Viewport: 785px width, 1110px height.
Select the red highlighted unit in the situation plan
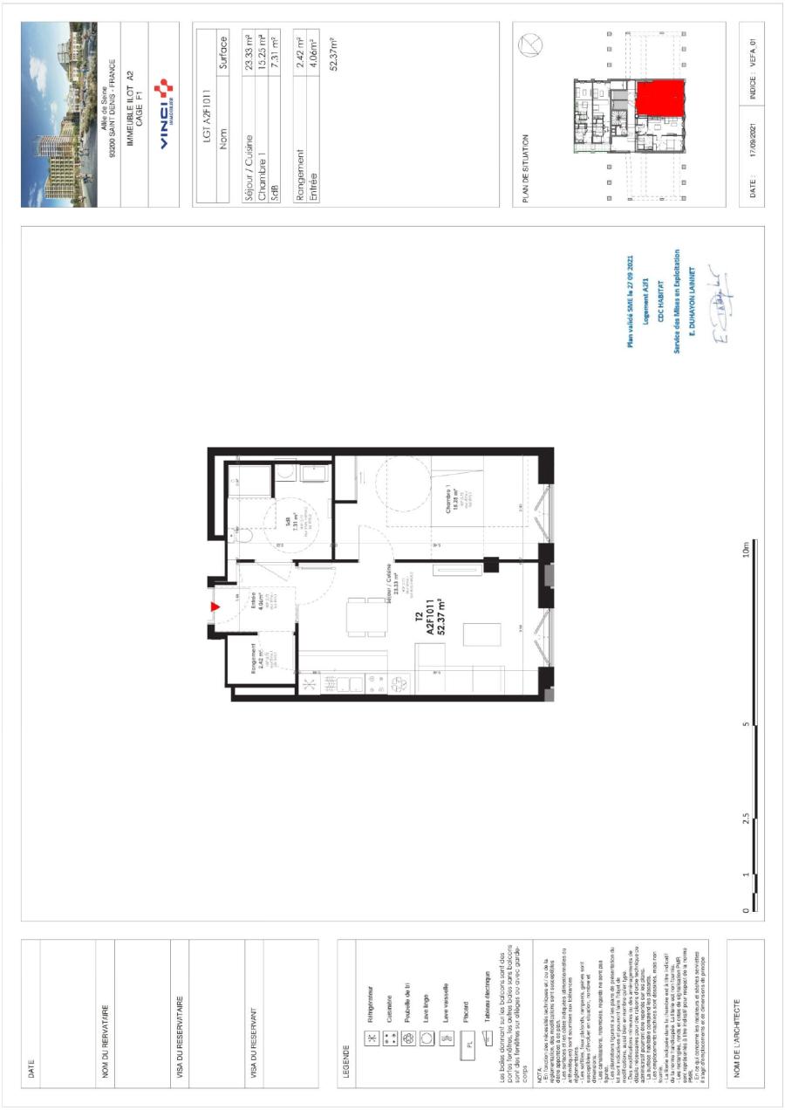click(x=659, y=97)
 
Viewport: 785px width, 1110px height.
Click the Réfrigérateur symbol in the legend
click(x=369, y=1015)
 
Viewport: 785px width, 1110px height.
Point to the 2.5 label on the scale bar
click(x=746, y=819)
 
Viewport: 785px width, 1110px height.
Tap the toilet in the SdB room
click(x=247, y=534)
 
